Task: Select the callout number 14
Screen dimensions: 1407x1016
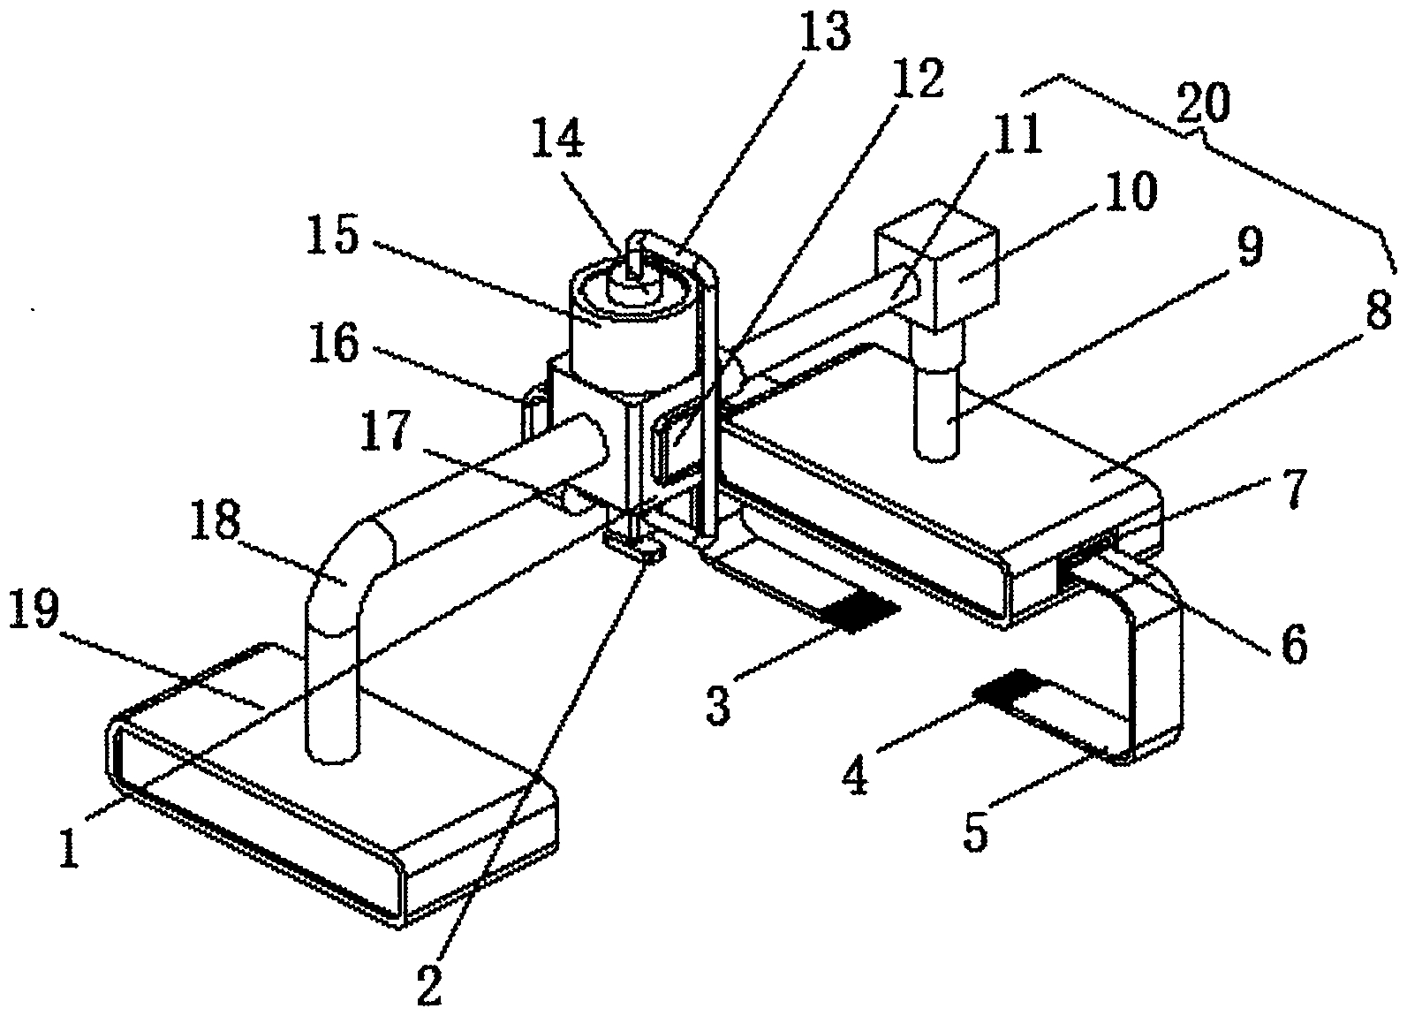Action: pyautogui.click(x=557, y=141)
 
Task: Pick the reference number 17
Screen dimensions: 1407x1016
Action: pyautogui.click(x=386, y=429)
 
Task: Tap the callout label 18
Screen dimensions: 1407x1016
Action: pyautogui.click(x=215, y=520)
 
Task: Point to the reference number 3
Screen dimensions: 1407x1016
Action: pyautogui.click(x=717, y=704)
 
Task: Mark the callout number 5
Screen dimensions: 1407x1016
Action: pyautogui.click(x=975, y=830)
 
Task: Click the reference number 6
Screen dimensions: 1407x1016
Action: pyautogui.click(x=1293, y=643)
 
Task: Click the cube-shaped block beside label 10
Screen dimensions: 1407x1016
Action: pyautogui.click(x=936, y=265)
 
